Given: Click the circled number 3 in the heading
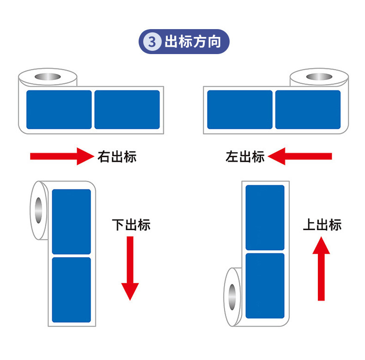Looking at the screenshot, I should (x=152, y=42).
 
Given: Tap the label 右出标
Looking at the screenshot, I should (x=117, y=156).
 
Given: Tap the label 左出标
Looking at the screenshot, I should (x=245, y=156).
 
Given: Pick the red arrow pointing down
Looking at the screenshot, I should (x=130, y=268).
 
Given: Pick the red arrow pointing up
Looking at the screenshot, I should (x=321, y=268).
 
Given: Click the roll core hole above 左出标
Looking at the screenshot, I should (x=319, y=76).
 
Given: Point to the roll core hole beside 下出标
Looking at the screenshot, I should (x=38, y=210).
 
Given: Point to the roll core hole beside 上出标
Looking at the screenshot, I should (x=231, y=296).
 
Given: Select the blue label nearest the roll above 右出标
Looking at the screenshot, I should (x=59, y=110).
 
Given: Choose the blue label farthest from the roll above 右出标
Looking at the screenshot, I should (x=127, y=110).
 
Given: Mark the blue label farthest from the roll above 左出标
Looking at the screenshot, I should (x=239, y=110).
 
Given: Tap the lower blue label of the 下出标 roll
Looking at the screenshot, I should (x=71, y=290).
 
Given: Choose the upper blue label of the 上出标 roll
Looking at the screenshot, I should (x=265, y=217).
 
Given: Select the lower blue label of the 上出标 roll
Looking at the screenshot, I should (x=265, y=286).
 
